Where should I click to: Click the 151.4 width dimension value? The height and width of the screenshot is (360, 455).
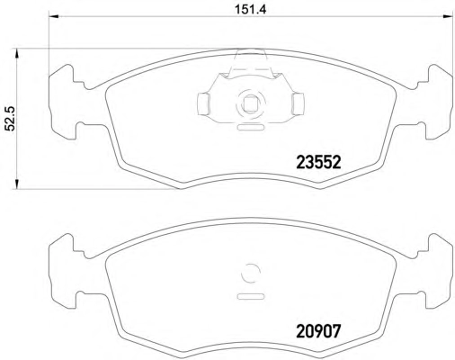point(250,10)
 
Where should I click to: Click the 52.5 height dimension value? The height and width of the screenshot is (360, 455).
point(11,119)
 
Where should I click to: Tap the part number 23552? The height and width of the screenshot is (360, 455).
point(318,163)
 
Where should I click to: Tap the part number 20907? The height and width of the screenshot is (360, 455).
point(318,331)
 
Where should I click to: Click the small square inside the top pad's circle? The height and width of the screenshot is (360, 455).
point(250,104)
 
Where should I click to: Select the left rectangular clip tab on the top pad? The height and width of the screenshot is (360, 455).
point(203,103)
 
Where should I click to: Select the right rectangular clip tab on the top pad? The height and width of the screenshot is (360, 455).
point(298,103)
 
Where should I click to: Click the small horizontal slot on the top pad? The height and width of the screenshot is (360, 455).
point(251,127)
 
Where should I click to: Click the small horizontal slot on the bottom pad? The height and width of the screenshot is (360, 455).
point(251,296)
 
